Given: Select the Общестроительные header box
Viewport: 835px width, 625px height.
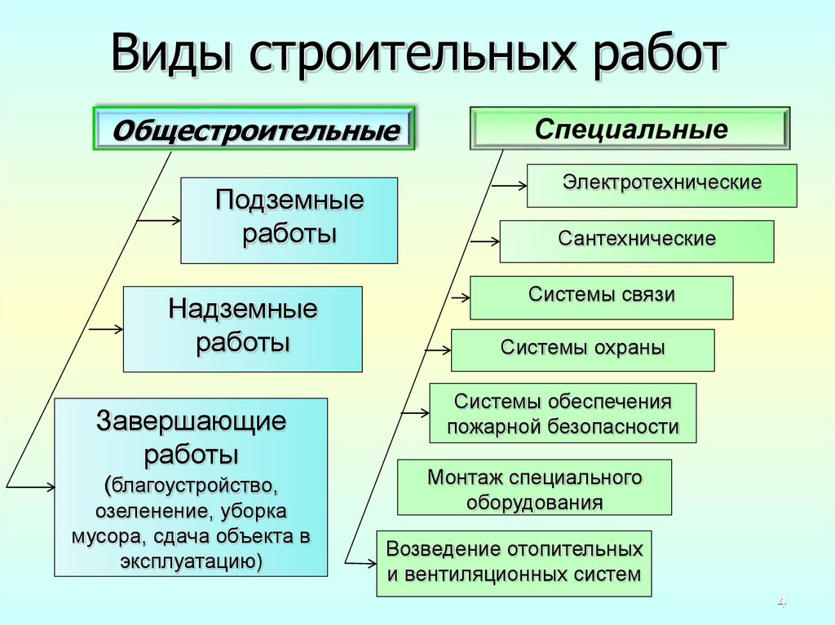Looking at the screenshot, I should click(254, 129).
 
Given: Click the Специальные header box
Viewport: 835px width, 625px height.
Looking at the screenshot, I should click(630, 129).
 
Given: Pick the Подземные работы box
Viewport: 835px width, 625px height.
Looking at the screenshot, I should click(289, 220).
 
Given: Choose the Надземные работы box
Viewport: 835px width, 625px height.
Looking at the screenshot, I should click(242, 328).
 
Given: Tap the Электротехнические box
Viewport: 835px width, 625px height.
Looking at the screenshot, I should click(661, 185).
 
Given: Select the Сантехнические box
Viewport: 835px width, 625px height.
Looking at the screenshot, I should click(636, 240).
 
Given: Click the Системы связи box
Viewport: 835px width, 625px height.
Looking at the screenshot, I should click(601, 297).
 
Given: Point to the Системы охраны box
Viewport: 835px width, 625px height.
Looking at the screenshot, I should click(582, 350).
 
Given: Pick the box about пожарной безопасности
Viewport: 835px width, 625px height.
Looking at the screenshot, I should click(563, 413).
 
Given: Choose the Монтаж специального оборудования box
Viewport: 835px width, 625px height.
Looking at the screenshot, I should click(534, 487).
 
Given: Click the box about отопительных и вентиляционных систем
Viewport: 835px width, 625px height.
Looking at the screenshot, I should click(514, 561).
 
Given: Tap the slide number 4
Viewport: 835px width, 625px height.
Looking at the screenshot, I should click(782, 602).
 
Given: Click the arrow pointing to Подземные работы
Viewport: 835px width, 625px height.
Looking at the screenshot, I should click(158, 220).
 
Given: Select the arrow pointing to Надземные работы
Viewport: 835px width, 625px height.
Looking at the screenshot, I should click(106, 329).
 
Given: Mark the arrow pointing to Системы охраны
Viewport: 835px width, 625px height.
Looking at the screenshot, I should click(437, 350).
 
